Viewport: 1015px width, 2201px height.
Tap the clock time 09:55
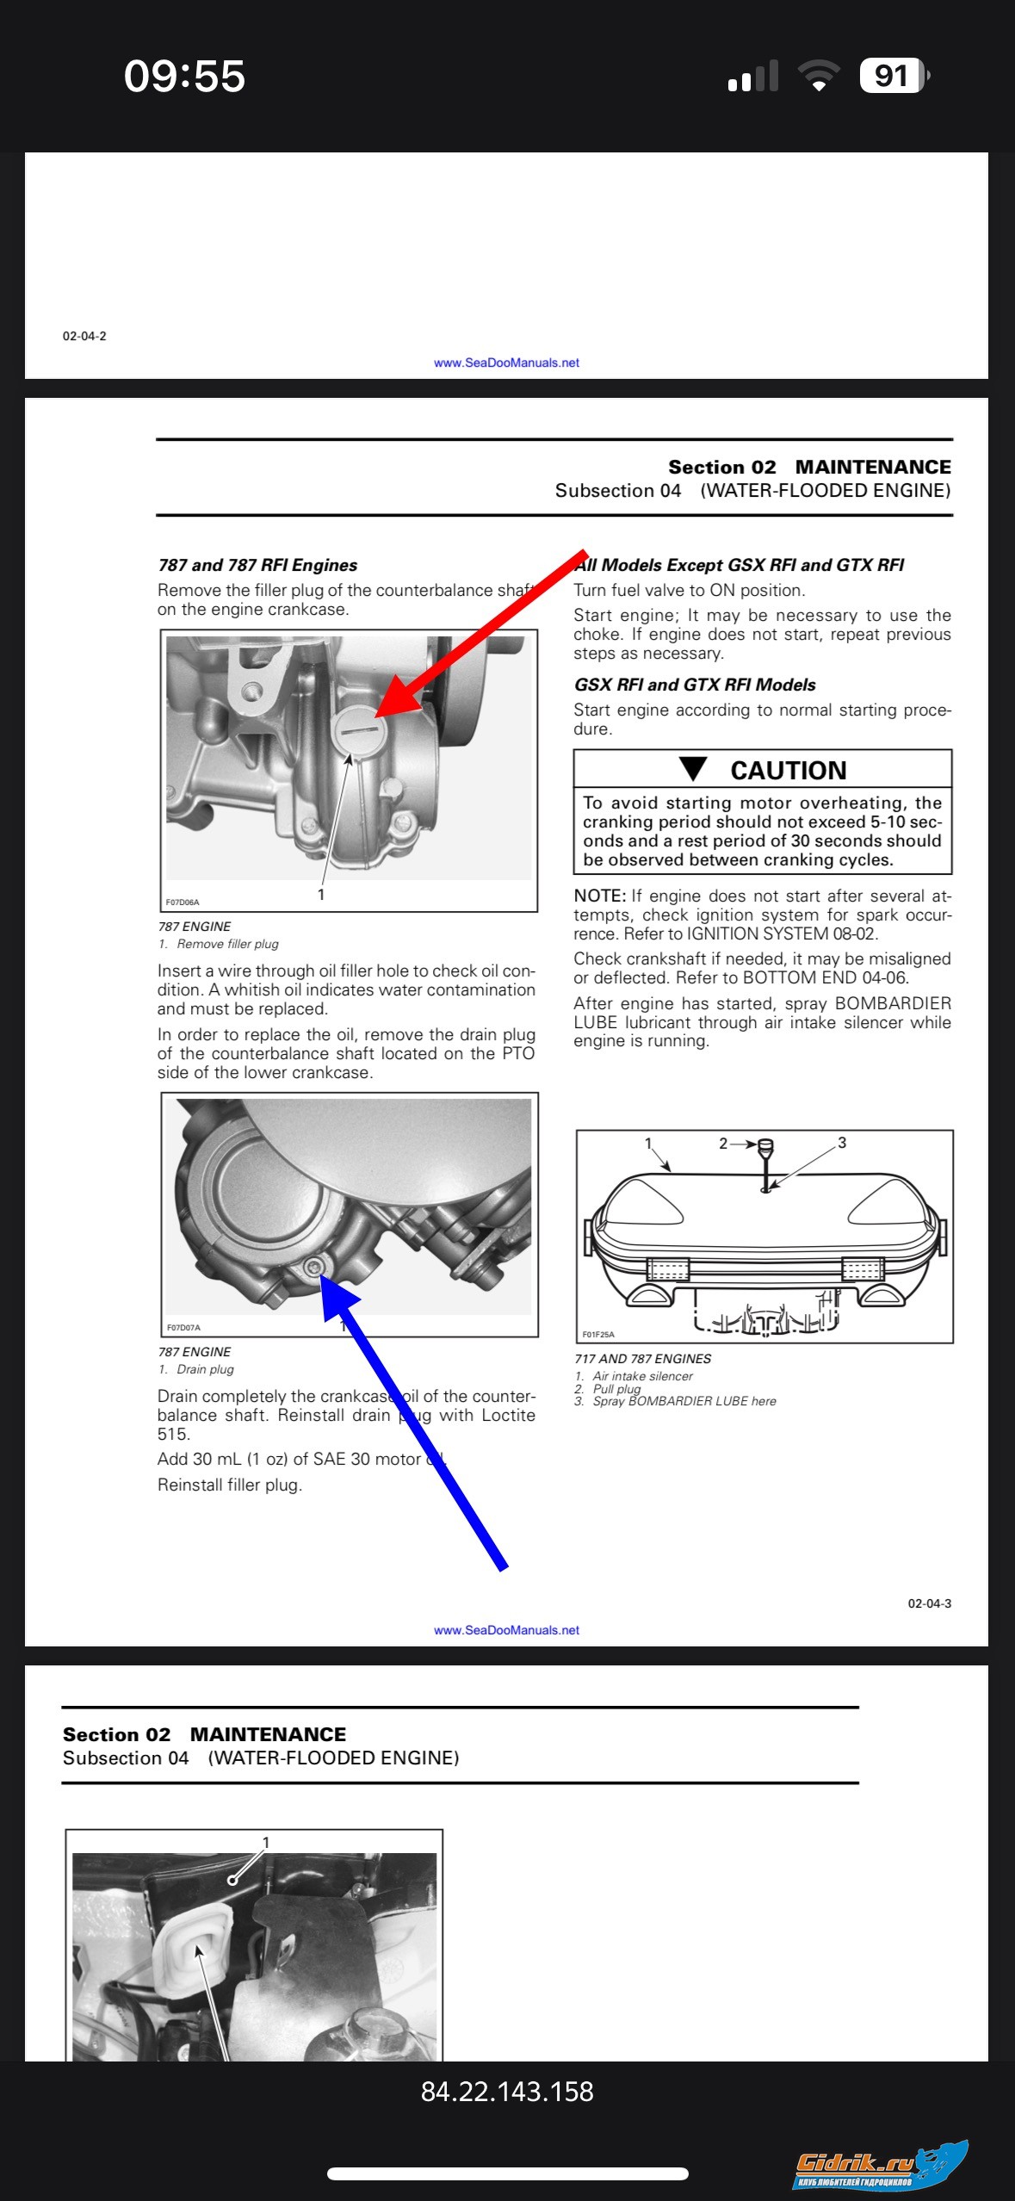point(184,76)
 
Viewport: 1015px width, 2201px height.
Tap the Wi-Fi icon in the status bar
point(819,75)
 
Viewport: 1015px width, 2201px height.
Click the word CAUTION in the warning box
point(789,770)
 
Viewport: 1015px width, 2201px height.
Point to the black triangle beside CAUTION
point(693,768)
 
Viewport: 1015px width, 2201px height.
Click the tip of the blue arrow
point(322,1275)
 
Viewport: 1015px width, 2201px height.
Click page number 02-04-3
point(929,1603)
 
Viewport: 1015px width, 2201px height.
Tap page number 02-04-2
point(84,336)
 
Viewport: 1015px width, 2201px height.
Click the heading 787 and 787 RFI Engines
point(257,565)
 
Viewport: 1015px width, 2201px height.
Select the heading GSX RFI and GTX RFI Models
point(695,685)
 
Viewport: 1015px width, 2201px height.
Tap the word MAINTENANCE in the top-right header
point(873,467)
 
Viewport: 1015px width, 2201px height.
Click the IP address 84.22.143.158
point(507,2092)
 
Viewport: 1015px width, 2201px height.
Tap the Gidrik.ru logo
point(880,2167)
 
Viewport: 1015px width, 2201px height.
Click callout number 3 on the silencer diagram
point(842,1143)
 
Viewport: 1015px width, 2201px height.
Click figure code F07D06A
point(183,902)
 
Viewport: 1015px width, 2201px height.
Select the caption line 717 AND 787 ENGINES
point(642,1359)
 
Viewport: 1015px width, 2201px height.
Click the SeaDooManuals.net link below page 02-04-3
point(506,1630)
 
